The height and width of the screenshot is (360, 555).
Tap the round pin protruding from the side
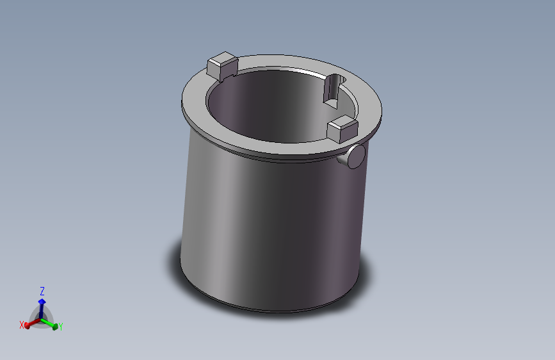point(353,156)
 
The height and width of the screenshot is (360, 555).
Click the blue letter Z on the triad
point(42,291)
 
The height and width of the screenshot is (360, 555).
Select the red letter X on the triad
point(22,325)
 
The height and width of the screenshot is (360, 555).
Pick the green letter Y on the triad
point(60,326)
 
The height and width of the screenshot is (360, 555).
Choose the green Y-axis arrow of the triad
point(52,324)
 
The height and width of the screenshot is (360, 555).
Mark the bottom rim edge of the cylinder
point(269,311)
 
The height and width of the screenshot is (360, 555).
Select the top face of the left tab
point(222,62)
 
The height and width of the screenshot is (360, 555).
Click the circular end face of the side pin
point(357,156)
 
